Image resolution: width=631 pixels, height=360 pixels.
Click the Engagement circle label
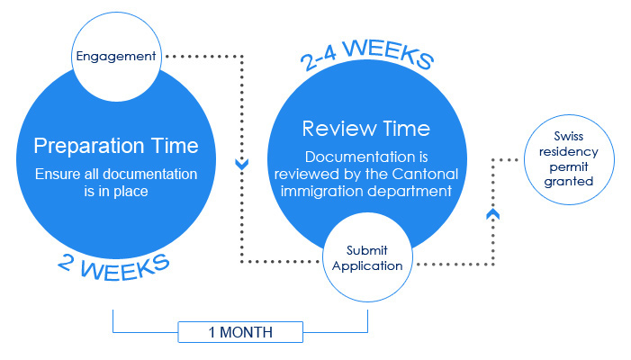(x=116, y=57)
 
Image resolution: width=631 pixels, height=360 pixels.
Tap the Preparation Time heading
(x=116, y=145)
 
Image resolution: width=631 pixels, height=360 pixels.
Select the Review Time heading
(x=366, y=129)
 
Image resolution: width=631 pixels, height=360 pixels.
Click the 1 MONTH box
(x=240, y=332)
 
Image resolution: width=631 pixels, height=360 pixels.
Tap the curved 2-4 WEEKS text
(x=367, y=54)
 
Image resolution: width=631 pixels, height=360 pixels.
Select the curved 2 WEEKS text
(x=113, y=266)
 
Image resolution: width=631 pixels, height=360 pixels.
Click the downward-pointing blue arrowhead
(x=242, y=164)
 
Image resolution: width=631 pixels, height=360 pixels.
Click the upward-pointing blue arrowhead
(x=493, y=214)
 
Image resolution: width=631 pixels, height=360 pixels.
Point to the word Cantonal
(x=425, y=174)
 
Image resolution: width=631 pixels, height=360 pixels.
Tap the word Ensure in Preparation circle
(x=58, y=175)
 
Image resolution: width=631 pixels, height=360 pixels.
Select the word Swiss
(x=569, y=136)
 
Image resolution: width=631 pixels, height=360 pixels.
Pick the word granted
(x=569, y=182)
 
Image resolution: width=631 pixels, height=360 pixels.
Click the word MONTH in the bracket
(x=247, y=333)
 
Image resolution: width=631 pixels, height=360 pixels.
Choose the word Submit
(x=367, y=250)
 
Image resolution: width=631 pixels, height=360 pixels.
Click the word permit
(x=569, y=166)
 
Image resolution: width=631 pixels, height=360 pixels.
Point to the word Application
(x=367, y=265)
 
